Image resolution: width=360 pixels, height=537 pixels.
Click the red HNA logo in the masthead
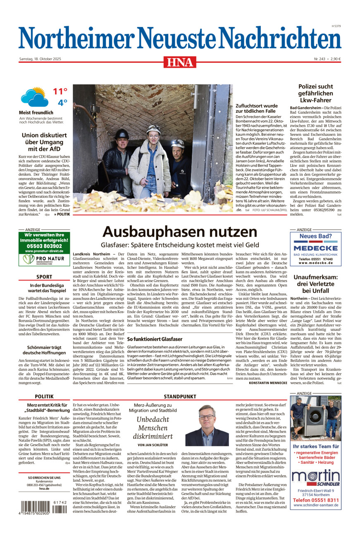180,62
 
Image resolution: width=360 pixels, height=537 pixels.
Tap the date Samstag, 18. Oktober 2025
40,59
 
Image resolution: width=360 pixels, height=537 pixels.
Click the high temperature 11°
60,91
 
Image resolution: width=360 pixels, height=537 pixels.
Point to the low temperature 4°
62,102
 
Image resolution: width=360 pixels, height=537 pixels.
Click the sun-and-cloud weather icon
35,97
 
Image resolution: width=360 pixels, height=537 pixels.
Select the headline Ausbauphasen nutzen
180,232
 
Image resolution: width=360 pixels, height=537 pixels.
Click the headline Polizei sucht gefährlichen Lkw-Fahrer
316,93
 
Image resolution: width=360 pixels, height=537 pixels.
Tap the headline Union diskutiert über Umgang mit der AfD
45,142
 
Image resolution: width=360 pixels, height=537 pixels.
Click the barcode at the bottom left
42,507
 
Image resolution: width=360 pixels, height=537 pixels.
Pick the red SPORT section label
44,277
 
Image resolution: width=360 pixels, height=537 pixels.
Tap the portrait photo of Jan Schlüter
207,425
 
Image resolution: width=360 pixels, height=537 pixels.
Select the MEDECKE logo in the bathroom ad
316,248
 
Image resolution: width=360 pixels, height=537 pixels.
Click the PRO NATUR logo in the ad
44,259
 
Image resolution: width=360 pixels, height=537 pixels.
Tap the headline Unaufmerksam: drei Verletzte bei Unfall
316,285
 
